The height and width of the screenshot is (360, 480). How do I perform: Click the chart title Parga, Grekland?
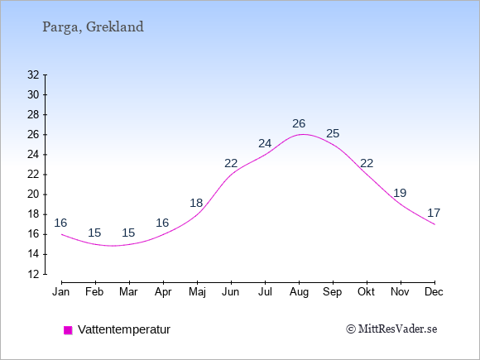[x=93, y=27]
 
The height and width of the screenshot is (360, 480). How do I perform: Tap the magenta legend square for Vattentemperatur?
[x=68, y=330]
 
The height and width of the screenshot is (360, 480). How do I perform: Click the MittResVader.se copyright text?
[x=391, y=329]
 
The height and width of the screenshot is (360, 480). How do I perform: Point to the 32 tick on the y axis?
[x=33, y=74]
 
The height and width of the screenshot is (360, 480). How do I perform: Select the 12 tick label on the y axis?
[x=33, y=274]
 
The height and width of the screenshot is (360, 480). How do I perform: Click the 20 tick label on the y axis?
[x=33, y=194]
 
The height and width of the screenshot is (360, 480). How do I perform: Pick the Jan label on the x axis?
[x=61, y=292]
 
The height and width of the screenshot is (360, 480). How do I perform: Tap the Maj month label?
[x=197, y=292]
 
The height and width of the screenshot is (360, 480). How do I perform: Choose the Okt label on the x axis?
[x=366, y=292]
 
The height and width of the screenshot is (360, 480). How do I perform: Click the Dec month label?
[x=434, y=292]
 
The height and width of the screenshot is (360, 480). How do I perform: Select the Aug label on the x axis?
[x=299, y=292]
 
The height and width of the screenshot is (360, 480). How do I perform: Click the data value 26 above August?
[x=299, y=123]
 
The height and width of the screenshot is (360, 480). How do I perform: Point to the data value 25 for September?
[x=333, y=133]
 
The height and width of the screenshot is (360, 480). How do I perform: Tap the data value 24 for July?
[x=265, y=143]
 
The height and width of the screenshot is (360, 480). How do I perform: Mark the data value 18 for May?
[x=196, y=203]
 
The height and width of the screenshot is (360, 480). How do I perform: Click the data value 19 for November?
[x=400, y=193]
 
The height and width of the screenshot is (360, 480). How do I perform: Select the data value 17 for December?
[x=434, y=213]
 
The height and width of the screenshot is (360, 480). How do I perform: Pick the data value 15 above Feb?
[x=94, y=233]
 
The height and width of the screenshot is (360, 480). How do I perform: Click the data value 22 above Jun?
[x=231, y=164]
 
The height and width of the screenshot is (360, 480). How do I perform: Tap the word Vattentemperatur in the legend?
[x=124, y=329]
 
